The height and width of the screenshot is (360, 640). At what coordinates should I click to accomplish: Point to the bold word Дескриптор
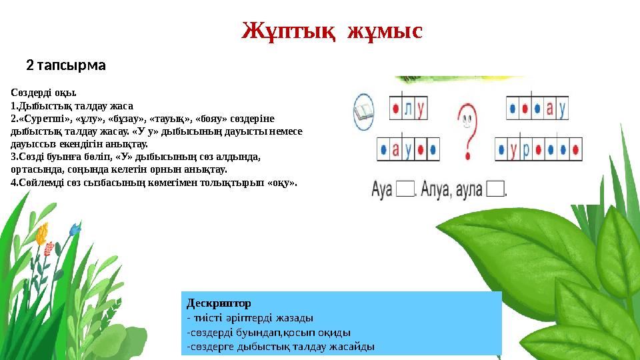pyautogui.click(x=219, y=303)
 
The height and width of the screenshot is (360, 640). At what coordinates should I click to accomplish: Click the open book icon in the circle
pyautogui.click(x=364, y=112)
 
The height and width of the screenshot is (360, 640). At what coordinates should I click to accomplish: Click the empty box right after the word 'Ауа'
pyautogui.click(x=405, y=190)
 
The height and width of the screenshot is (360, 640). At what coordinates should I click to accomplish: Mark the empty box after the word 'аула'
pyautogui.click(x=495, y=190)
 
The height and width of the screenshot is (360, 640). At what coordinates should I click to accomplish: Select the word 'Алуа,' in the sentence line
pyautogui.click(x=437, y=190)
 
